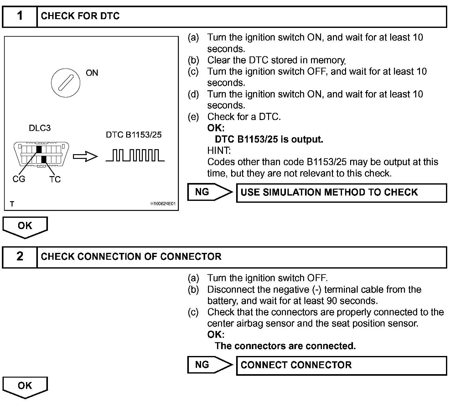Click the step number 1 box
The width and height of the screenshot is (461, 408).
coord(20,16)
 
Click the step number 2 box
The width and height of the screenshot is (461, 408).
coord(20,257)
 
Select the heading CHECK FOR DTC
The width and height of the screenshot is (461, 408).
coord(80,16)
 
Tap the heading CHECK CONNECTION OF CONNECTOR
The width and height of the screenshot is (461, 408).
coord(131,257)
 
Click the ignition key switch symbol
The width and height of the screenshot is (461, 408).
coord(65,83)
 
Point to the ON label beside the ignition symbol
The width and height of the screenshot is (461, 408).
coord(92,73)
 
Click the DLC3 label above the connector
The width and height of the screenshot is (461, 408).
coord(39,128)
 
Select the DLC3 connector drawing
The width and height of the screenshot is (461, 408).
coord(41,154)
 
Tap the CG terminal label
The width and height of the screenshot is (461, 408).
coord(18,179)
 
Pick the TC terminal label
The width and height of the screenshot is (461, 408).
coord(55,179)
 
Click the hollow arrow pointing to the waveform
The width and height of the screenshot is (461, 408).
coord(85,156)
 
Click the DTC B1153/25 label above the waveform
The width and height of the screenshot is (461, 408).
coord(134,135)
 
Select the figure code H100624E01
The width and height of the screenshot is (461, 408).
coord(163,204)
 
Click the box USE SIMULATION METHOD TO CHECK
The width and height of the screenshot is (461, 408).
coord(341,192)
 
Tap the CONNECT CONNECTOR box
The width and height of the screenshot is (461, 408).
coord(341,365)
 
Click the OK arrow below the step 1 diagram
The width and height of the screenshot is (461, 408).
coord(25,227)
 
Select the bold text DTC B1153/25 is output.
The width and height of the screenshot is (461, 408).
coord(269,139)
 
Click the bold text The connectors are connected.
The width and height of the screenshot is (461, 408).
coord(285,346)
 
